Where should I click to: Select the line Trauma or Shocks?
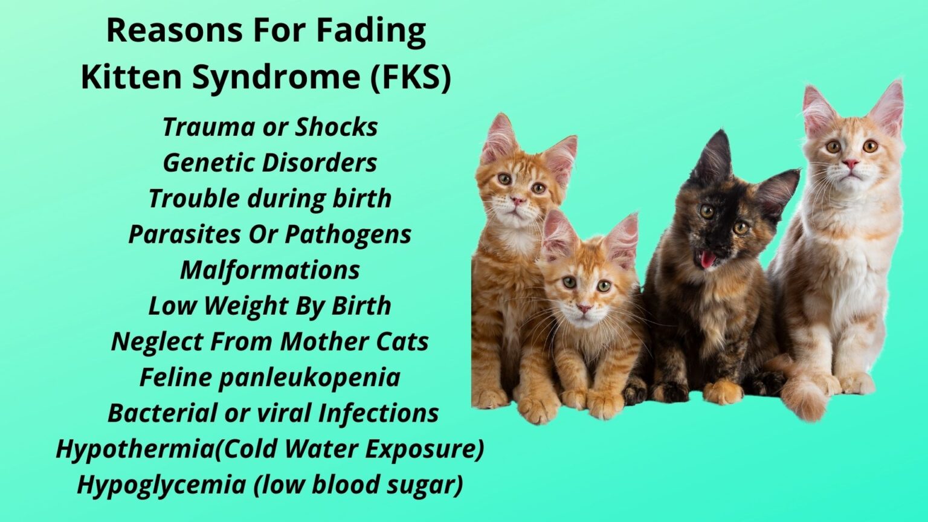pyautogui.click(x=270, y=127)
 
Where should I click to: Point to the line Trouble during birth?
pyautogui.click(x=270, y=199)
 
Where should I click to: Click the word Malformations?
pyautogui.click(x=270, y=270)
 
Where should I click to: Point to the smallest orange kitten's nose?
pyautogui.click(x=584, y=308)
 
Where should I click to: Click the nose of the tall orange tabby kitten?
pyautogui.click(x=517, y=200)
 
